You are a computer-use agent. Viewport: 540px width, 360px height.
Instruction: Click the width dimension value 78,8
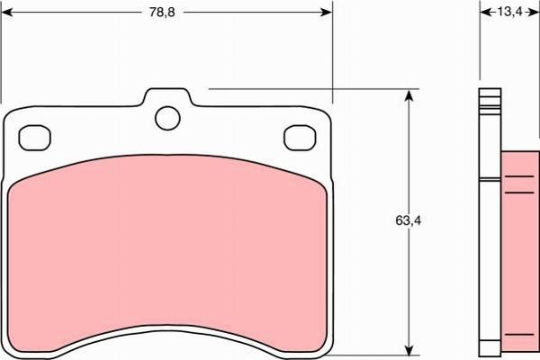[164, 13]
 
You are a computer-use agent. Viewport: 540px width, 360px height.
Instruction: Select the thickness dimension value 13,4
[509, 13]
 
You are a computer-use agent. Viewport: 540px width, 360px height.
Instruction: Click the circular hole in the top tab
[166, 117]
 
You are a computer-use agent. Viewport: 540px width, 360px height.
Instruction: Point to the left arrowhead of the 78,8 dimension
[7, 13]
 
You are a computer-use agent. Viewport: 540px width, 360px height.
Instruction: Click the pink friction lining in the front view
[166, 252]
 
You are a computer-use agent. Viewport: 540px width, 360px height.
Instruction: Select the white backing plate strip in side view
[490, 225]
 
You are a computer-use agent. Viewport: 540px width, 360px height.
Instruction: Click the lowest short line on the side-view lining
[518, 334]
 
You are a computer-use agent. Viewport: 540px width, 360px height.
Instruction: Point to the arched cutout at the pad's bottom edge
[166, 337]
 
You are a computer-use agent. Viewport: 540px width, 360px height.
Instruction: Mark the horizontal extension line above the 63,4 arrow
[306, 89]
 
